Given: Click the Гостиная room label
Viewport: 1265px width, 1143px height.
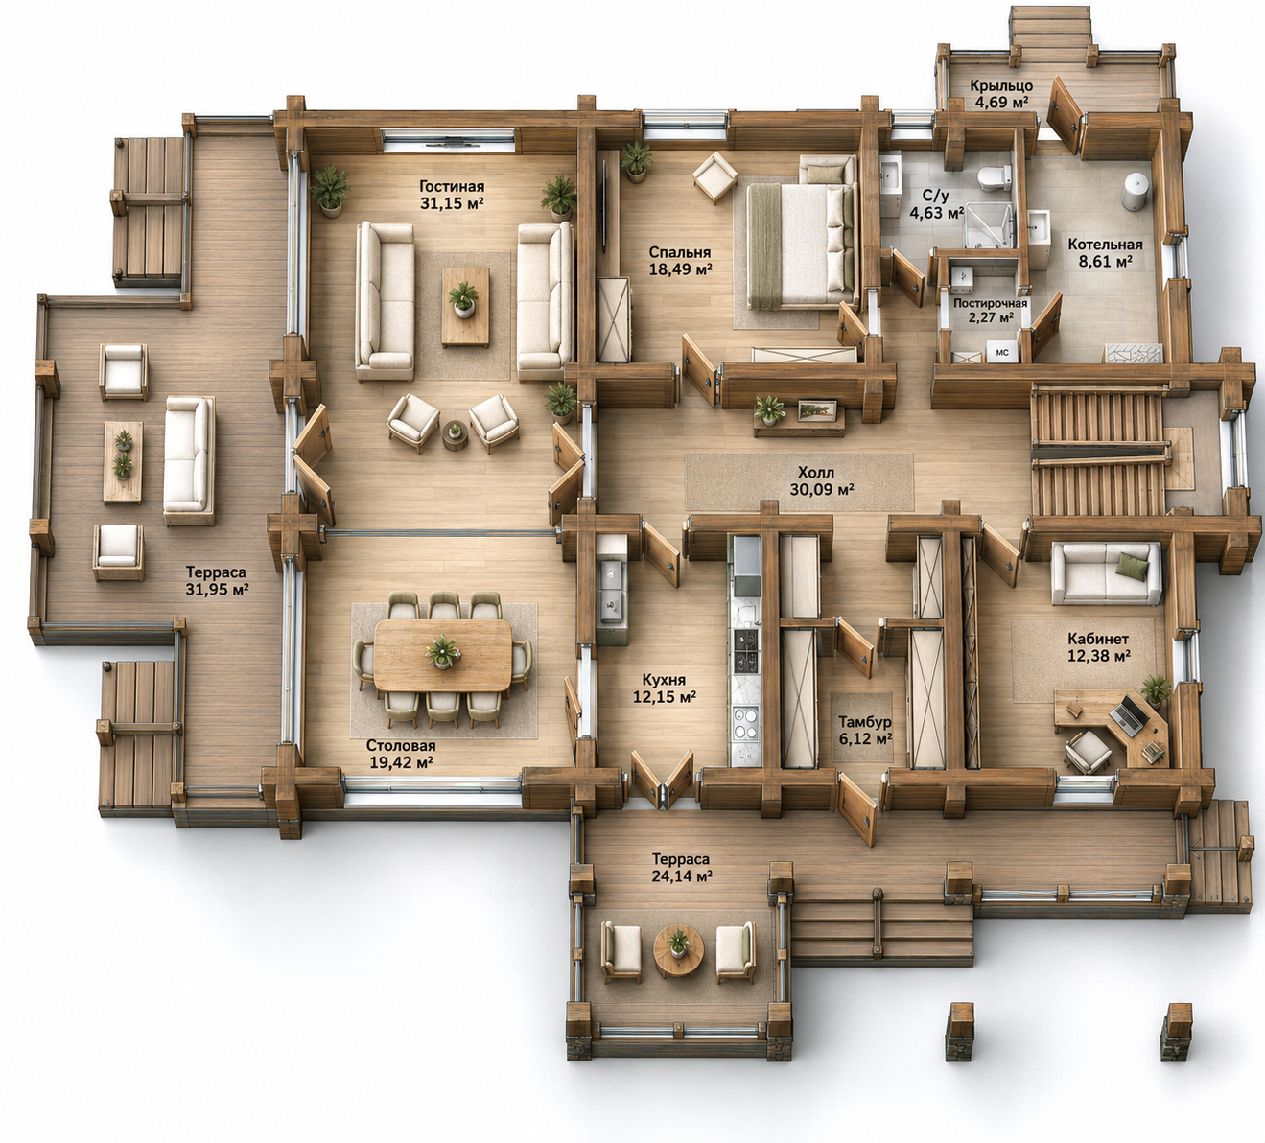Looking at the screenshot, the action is pos(452,187).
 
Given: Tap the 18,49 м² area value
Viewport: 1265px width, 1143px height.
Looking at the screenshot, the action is pos(680,268).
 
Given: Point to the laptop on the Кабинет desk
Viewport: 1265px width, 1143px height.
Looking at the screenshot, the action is pos(1127,716).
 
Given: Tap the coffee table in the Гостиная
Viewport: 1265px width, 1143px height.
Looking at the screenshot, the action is pos(465,307).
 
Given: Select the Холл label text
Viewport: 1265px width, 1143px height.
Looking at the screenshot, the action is pos(816,473).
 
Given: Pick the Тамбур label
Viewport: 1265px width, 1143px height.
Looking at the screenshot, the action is pos(864,722).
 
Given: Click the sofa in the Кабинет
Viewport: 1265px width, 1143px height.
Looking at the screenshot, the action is pos(1106,573).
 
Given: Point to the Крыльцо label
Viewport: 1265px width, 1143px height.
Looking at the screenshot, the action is pos(1001,85).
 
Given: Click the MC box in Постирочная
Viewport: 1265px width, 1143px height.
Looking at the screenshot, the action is pos(1002,353).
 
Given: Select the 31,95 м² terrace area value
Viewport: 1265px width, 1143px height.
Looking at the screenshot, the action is pos(216,589).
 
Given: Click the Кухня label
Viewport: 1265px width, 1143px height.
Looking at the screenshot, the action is pos(664,680).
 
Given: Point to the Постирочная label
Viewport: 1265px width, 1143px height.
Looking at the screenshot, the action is pos(990,303).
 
